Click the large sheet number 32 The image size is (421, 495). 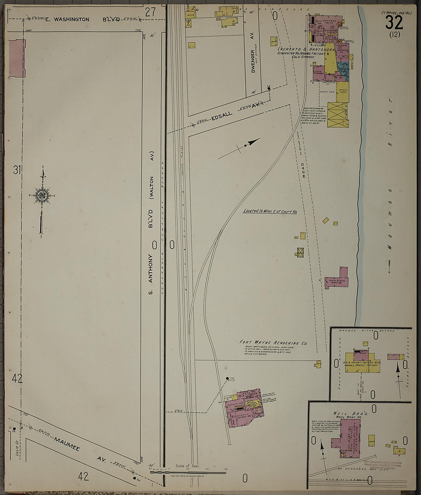click(394, 23)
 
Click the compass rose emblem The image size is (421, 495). click(42, 195)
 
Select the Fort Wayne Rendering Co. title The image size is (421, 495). click(273, 343)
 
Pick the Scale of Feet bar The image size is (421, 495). click(188, 472)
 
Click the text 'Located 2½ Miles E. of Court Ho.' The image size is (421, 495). click(270, 211)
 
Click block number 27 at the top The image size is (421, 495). click(150, 12)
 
